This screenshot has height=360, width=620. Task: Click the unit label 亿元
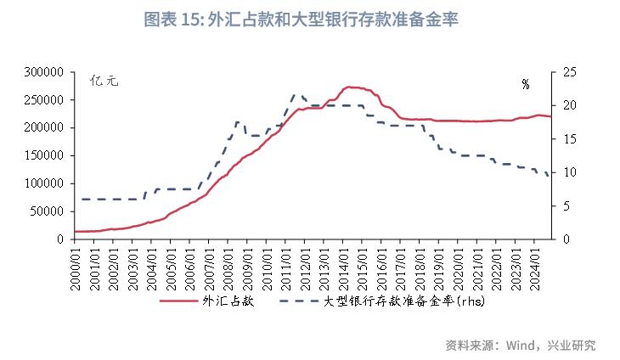pyautogui.click(x=105, y=83)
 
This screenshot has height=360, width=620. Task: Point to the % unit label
pyautogui.click(x=526, y=84)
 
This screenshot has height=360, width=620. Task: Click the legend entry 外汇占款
pyautogui.click(x=204, y=301)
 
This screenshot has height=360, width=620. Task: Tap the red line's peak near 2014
pyautogui.click(x=349, y=87)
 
